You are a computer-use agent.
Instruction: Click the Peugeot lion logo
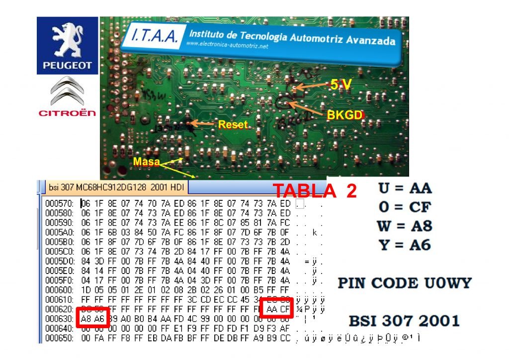pyautogui.click(x=68, y=40)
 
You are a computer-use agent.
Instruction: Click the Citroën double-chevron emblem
pyautogui.click(x=68, y=91)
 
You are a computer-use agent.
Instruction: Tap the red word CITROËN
pyautogui.click(x=68, y=113)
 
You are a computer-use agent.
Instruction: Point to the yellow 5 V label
pyautogui.click(x=341, y=85)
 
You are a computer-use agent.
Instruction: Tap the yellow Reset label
pyautogui.click(x=233, y=124)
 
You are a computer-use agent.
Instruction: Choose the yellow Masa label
pyautogui.click(x=147, y=162)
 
